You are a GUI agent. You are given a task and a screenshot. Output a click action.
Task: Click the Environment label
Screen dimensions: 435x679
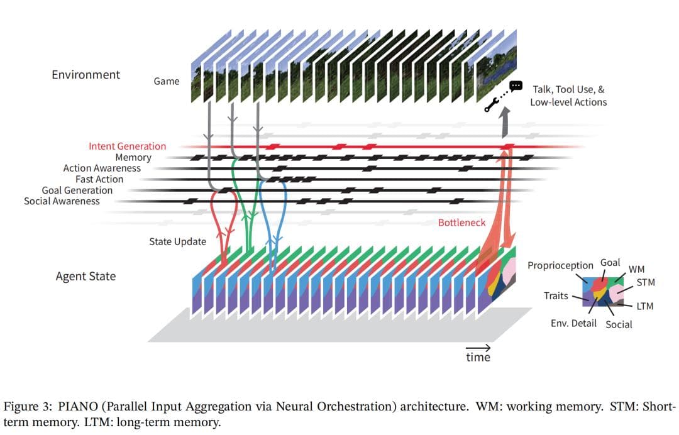[86, 75]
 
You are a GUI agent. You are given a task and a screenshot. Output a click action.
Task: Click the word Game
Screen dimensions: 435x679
[167, 81]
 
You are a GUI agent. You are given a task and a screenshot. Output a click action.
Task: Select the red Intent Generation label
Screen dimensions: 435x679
[127, 146]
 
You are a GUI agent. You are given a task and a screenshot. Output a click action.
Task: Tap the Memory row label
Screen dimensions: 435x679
[133, 157]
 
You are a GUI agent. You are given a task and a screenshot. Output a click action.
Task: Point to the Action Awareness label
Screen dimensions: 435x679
[102, 168]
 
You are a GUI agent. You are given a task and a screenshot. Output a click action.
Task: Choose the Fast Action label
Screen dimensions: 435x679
[99, 179]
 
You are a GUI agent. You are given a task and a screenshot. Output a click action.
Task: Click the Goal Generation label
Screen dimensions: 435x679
[77, 190]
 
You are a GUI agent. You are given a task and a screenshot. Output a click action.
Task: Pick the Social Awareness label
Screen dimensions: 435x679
[62, 201]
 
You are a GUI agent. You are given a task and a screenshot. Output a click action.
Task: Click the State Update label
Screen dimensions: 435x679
[177, 241]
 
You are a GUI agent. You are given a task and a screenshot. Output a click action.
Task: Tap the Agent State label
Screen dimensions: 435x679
[86, 276]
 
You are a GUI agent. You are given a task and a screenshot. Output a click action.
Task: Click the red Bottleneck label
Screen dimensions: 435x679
[461, 223]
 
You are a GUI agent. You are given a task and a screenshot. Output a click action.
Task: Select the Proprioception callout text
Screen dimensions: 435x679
[560, 265]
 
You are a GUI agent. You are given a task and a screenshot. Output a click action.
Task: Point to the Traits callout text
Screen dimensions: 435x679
[556, 295]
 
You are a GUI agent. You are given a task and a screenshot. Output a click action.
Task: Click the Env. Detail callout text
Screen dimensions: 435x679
[573, 324]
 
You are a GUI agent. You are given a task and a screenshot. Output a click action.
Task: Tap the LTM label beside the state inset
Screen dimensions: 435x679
[644, 306]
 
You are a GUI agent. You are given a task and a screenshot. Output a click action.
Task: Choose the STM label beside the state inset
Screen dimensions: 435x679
[646, 283]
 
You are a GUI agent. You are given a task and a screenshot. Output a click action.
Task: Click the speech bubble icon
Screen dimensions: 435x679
[516, 85]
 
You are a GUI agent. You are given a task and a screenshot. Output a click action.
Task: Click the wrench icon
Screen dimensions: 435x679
[492, 105]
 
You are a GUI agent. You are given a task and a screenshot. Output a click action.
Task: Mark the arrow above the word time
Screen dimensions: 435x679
[478, 347]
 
